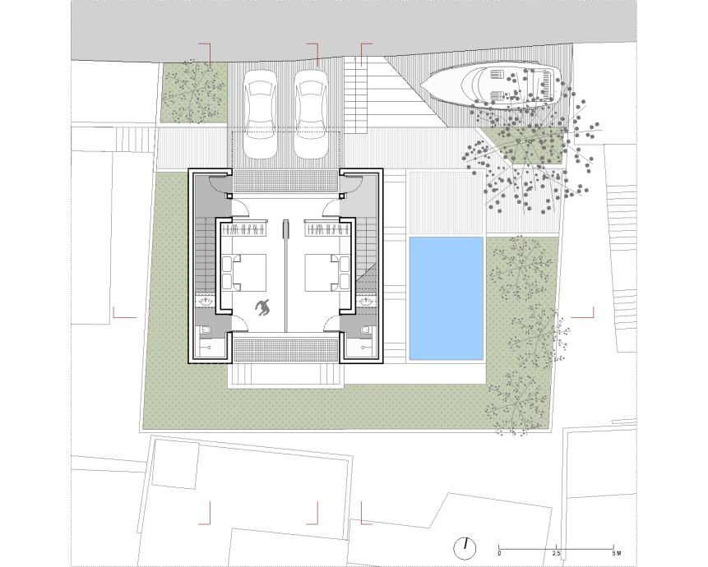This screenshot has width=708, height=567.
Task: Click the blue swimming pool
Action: tap(447, 298)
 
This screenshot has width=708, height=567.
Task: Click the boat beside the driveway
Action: tap(491, 85)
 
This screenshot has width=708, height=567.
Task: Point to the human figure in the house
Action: tap(262, 307)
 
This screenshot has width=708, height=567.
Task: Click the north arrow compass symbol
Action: tap(465, 547)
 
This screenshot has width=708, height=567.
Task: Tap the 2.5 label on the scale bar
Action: tap(556, 553)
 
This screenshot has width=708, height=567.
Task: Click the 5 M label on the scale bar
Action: tap(617, 553)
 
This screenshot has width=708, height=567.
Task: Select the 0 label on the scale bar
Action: tap(499, 553)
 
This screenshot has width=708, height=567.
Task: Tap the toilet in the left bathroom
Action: tap(206, 330)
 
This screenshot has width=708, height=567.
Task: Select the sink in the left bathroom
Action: tap(208, 302)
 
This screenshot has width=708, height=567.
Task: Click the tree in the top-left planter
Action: tap(193, 92)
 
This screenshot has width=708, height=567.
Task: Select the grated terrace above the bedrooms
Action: tap(285, 181)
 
